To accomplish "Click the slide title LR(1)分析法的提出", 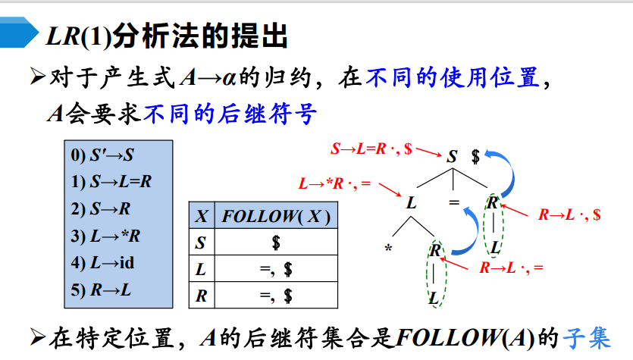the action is (167, 36).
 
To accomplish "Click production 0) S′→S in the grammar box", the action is (102, 155).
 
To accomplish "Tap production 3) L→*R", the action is (105, 236).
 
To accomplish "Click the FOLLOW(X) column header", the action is (276, 217).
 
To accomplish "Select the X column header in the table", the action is (201, 217).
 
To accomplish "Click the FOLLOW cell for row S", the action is (276, 243).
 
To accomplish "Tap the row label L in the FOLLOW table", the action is (201, 270).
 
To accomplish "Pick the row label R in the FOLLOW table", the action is (201, 296).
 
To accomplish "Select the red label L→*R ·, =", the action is (334, 183).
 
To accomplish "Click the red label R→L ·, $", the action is (569, 214).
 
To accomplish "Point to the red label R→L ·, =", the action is (512, 268).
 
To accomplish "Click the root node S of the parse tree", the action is (452, 157).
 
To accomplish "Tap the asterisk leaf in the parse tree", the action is (388, 249).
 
